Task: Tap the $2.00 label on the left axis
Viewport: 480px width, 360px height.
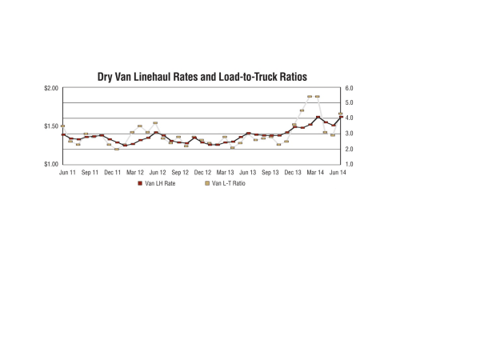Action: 50,88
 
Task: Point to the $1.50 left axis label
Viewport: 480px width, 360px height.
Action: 50,126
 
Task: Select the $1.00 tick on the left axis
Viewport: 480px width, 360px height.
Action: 50,164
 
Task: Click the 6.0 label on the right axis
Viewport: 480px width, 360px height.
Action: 350,88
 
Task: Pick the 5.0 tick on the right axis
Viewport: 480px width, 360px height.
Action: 350,103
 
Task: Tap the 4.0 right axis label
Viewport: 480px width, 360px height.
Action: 350,118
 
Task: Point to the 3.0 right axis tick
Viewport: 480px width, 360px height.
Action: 350,134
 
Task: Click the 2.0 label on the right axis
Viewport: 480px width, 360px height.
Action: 350,149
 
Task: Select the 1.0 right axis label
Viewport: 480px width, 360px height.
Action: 350,164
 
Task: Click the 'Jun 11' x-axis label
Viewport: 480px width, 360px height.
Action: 68,172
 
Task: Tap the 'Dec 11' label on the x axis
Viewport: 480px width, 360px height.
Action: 113,172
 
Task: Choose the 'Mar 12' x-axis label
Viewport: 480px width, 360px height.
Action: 135,172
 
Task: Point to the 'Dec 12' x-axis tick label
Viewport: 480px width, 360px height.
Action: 203,172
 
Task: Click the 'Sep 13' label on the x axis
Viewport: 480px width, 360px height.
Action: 270,172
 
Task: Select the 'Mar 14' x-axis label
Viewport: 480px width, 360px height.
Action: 315,172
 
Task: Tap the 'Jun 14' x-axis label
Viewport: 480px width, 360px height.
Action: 338,172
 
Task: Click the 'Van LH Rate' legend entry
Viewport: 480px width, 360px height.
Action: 160,183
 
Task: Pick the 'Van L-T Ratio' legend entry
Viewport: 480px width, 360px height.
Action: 228,183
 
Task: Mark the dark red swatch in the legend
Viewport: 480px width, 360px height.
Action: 140,183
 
